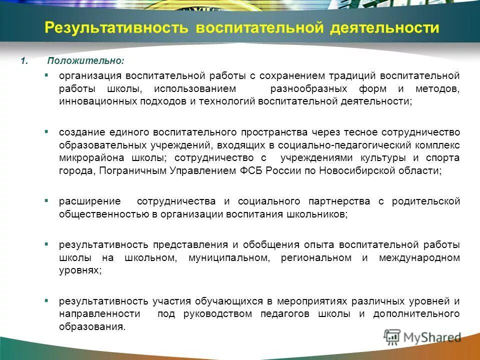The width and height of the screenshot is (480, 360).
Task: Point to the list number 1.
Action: point(23,61)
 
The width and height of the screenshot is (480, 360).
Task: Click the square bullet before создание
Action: point(46,131)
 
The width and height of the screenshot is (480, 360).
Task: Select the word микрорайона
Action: point(87,158)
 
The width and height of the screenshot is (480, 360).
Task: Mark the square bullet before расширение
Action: point(46,200)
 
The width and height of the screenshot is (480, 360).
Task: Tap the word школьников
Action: point(318,214)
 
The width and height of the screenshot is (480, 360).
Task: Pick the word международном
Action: point(419,257)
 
